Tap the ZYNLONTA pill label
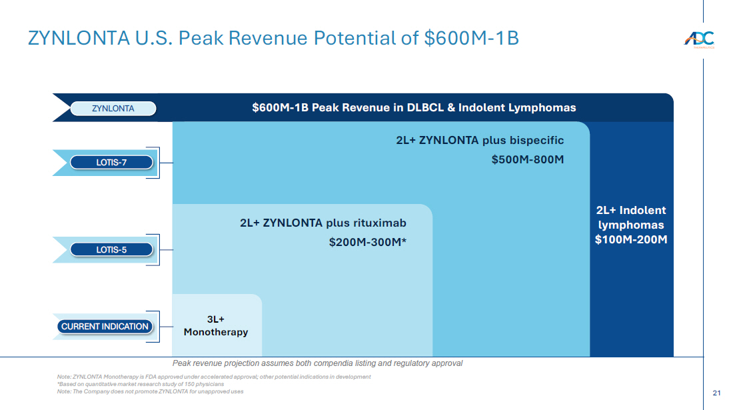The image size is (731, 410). pos(113,108)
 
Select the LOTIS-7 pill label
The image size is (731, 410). pos(111,162)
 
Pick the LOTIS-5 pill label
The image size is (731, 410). pos(111,250)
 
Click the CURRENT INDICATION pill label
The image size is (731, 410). pos(105,327)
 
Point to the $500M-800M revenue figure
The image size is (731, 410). pos(528,159)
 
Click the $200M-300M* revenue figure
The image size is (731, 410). pos(367,242)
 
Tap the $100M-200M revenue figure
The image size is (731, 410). pos(630,239)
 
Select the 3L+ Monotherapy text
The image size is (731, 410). pos(216,326)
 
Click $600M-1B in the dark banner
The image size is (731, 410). pos(279,107)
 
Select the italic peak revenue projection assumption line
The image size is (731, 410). pos(317,363)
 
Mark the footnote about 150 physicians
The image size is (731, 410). pos(141,384)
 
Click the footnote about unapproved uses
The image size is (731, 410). pos(150,391)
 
